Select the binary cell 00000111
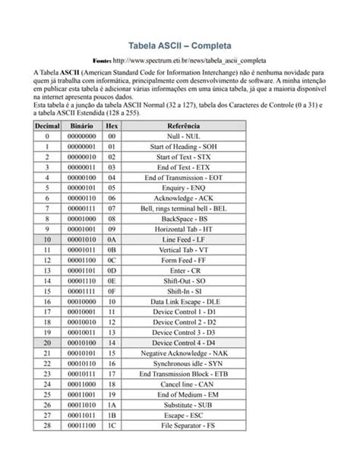point(81,207)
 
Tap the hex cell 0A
point(112,239)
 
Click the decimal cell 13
point(47,270)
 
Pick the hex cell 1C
point(112,426)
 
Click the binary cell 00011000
point(81,384)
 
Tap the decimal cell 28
point(47,426)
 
